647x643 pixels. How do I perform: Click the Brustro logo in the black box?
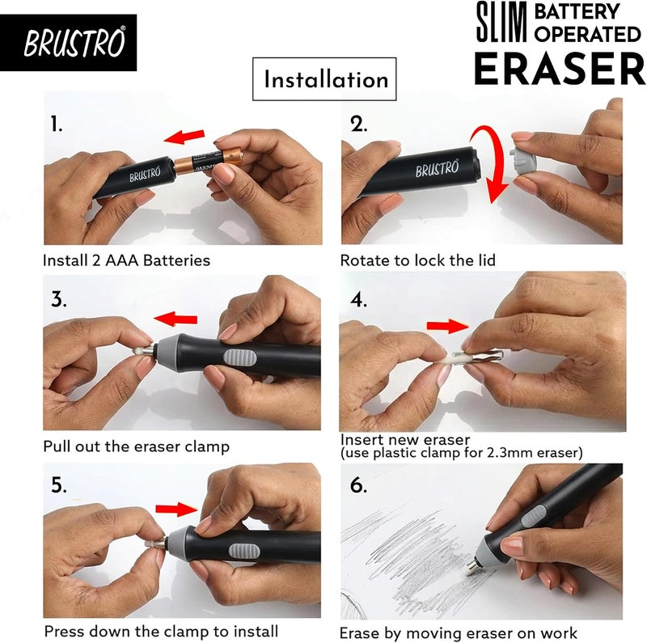[74, 42]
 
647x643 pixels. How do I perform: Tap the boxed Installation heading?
[326, 79]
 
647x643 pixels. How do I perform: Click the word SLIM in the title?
[501, 22]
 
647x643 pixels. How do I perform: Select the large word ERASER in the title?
[560, 68]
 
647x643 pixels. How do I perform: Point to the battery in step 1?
[209, 162]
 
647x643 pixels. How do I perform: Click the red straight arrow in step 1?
[184, 137]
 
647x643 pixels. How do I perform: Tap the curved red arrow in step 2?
[491, 164]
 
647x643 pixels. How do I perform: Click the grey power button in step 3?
[240, 357]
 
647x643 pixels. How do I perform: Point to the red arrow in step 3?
[175, 319]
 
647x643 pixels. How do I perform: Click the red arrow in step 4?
[448, 326]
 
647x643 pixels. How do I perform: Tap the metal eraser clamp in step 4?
[479, 355]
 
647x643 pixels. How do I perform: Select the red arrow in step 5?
[176, 509]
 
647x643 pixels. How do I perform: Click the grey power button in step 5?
[244, 550]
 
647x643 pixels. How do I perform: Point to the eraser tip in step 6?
[471, 569]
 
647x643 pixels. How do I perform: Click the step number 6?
[358, 484]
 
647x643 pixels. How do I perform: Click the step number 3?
[59, 299]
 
